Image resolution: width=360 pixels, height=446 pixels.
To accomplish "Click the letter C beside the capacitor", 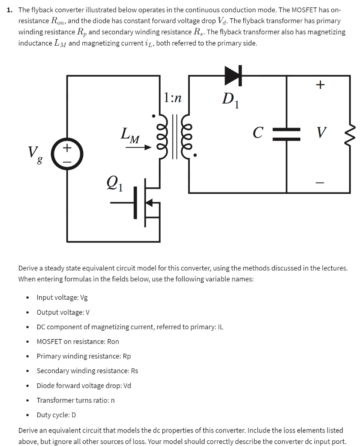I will (259, 132).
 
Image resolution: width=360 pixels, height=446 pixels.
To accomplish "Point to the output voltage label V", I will (321, 132).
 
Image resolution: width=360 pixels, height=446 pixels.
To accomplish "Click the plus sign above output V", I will (320, 85).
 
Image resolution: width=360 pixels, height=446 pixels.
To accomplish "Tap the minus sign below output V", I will (320, 183).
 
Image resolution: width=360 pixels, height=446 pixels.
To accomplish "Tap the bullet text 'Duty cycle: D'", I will (56, 414).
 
